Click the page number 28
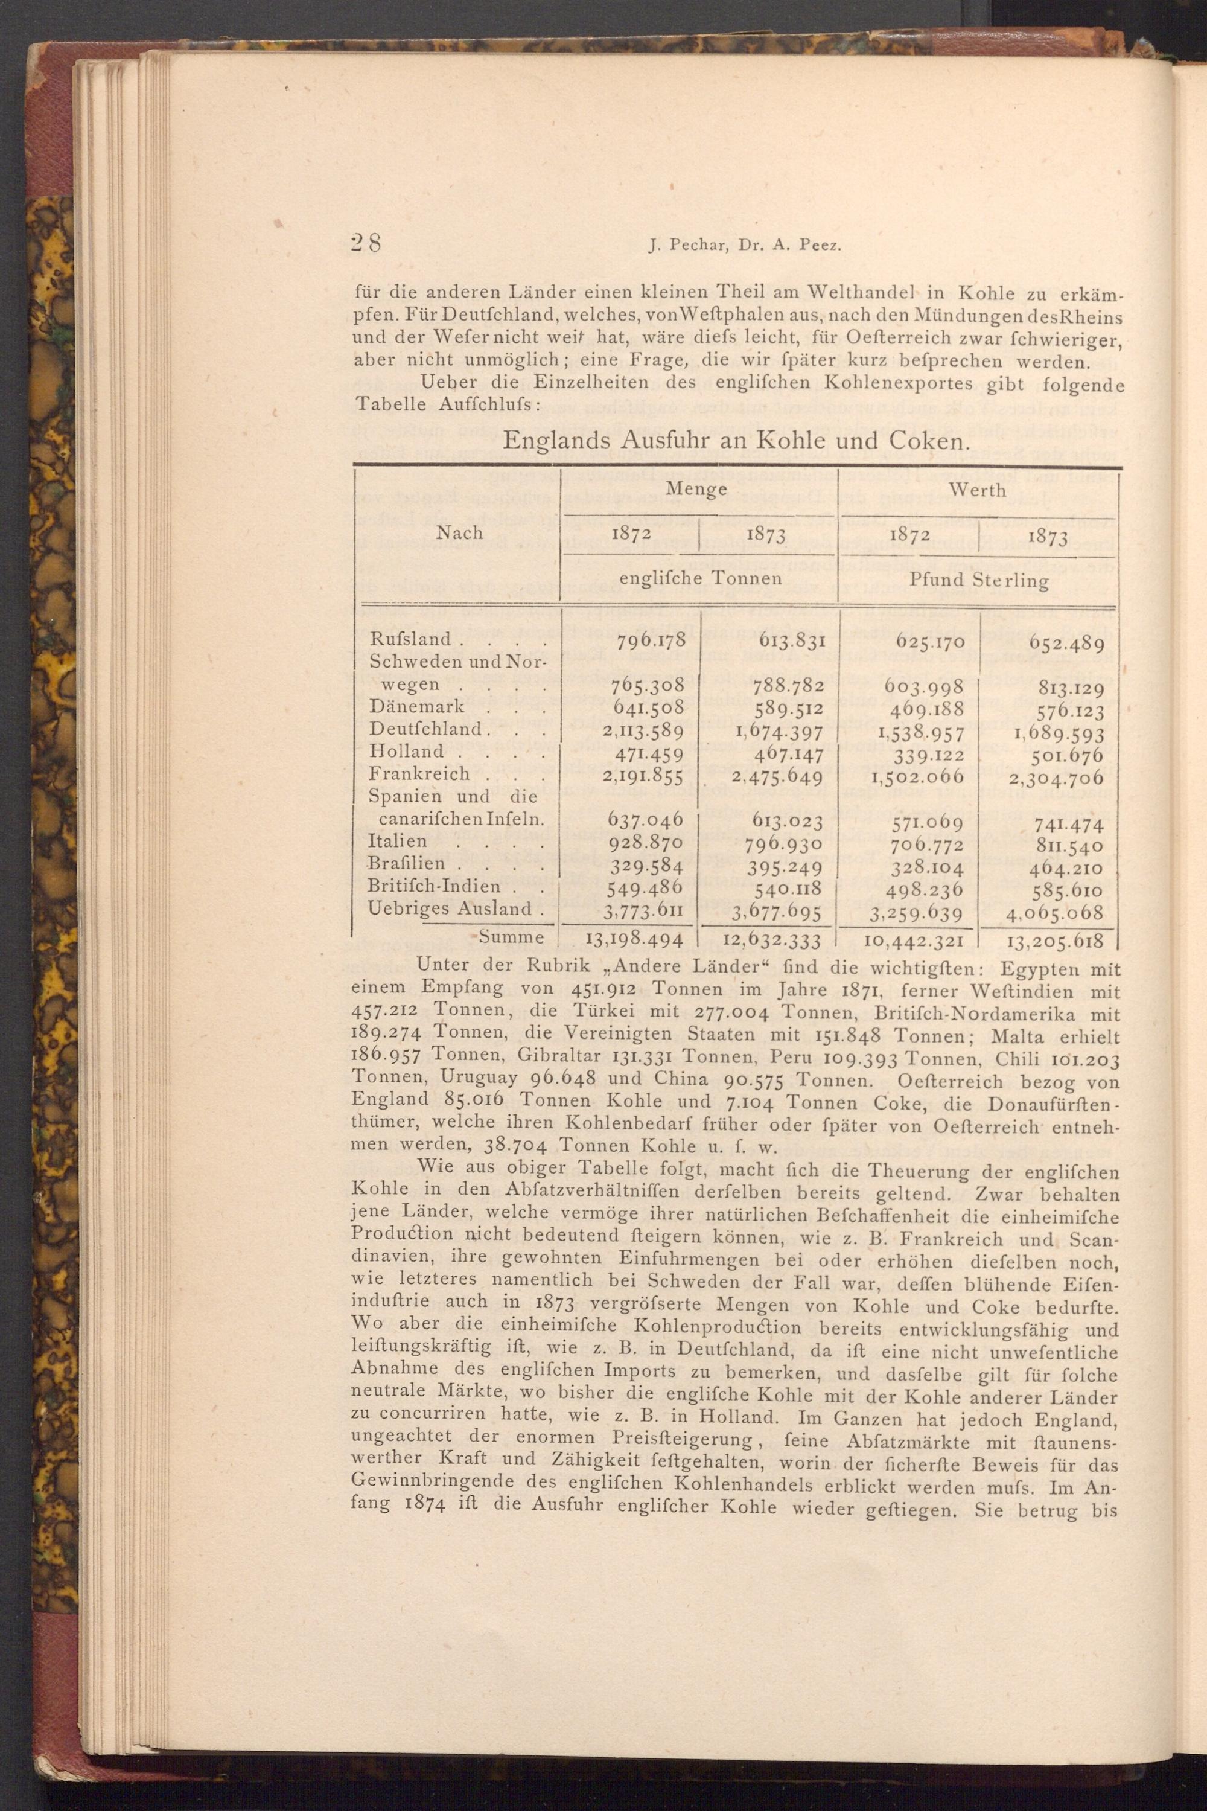click(x=365, y=243)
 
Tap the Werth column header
click(x=977, y=490)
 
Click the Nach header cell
click(x=459, y=533)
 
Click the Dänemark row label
click(x=416, y=707)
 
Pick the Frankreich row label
click(x=419, y=774)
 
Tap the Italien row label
click(x=397, y=842)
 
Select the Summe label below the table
click(x=511, y=938)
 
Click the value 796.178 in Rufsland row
click(x=646, y=640)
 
